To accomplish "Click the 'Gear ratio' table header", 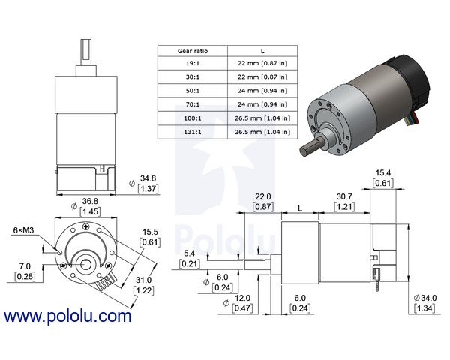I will pyautogui.click(x=193, y=50).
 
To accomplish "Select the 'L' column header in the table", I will pyautogui.click(x=262, y=50).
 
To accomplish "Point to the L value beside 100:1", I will pyautogui.click(x=262, y=118).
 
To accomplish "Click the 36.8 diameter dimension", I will pyautogui.click(x=88, y=201).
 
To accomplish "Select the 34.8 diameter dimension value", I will pyautogui.click(x=148, y=178).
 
